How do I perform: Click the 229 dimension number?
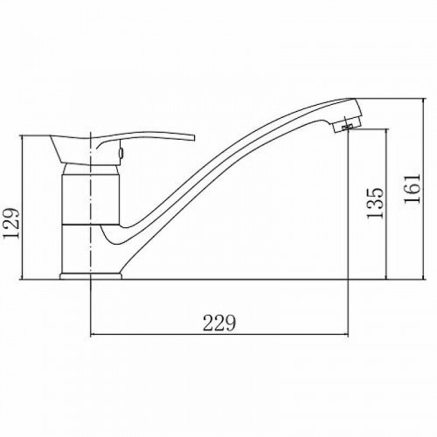click(x=218, y=323)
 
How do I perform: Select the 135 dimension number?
click(x=375, y=203)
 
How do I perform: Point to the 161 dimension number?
click(x=412, y=189)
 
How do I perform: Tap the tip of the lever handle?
click(x=192, y=137)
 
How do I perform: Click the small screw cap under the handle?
click(x=121, y=152)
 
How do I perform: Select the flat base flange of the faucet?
click(x=91, y=276)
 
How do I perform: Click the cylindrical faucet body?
click(x=91, y=199)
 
